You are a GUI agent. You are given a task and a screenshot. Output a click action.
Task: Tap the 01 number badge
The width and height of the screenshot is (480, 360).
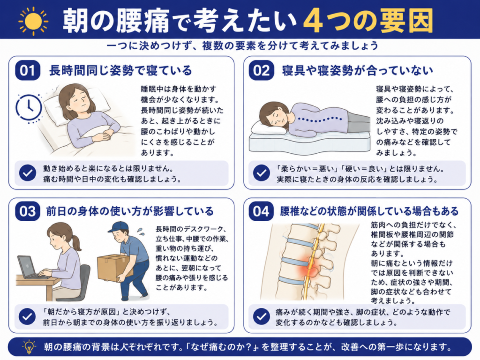(28, 70)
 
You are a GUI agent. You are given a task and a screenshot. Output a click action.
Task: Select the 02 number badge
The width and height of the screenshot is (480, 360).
(261, 70)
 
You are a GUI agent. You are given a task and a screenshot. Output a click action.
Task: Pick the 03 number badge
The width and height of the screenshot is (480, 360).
(28, 211)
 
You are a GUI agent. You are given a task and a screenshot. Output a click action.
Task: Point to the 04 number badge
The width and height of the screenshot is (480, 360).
(261, 211)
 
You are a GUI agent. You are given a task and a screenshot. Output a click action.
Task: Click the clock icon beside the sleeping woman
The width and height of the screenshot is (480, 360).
(29, 108)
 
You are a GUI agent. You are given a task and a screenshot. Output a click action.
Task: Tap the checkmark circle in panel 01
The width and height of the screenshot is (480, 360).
(28, 173)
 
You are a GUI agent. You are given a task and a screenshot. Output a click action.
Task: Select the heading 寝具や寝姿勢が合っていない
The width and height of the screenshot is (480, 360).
(357, 71)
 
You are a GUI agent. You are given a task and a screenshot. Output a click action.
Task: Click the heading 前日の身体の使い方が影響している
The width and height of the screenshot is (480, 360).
(130, 211)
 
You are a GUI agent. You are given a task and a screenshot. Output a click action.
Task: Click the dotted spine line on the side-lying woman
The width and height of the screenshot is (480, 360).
(320, 119)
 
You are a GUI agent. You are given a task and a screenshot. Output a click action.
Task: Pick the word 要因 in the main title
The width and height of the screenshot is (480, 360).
(406, 21)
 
